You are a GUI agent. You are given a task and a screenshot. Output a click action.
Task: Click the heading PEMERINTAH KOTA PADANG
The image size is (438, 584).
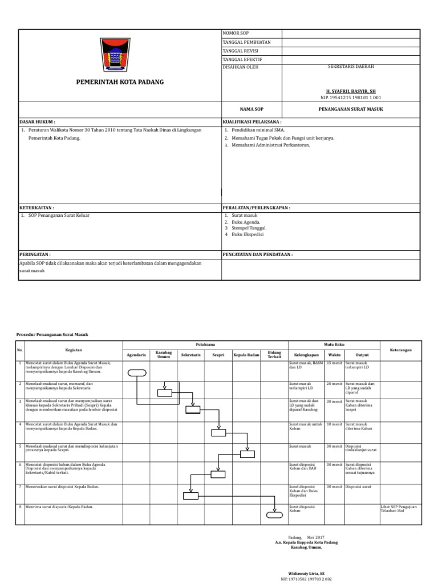(120, 82)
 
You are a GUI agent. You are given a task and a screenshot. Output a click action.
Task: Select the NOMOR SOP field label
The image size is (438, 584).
(236, 34)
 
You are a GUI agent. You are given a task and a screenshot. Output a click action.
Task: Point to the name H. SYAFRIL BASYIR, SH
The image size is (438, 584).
(351, 91)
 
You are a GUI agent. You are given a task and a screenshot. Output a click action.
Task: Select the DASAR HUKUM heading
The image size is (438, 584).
(38, 122)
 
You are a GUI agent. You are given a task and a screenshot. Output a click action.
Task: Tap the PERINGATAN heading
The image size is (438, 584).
(35, 254)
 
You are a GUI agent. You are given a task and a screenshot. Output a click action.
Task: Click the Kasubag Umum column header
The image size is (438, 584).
(164, 355)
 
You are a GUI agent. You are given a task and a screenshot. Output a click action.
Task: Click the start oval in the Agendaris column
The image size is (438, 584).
(137, 374)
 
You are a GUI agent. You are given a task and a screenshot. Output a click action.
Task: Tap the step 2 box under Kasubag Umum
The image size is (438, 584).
(164, 392)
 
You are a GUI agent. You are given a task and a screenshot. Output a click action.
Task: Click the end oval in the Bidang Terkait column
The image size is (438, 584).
(273, 516)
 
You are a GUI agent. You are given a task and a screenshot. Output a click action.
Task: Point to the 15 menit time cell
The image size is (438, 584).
(334, 363)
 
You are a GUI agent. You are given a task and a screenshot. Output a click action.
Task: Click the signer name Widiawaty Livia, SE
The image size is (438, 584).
(306, 572)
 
